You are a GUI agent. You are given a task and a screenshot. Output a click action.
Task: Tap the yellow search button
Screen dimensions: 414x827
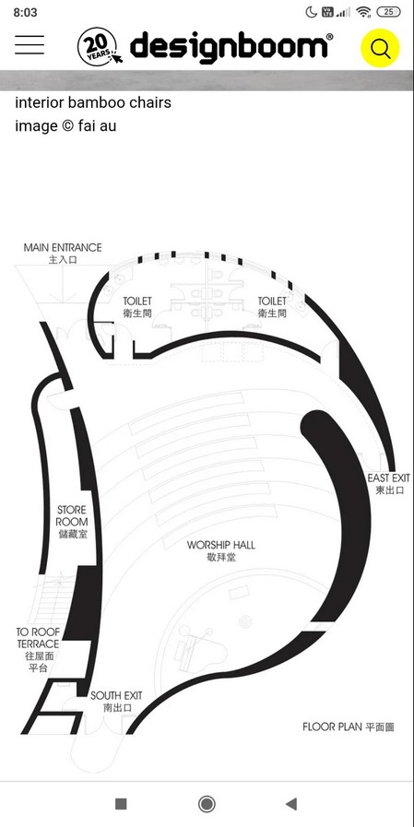point(380,48)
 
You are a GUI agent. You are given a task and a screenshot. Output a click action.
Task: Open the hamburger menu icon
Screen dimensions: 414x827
point(30,45)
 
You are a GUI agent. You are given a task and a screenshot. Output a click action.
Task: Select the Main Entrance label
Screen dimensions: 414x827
point(63,254)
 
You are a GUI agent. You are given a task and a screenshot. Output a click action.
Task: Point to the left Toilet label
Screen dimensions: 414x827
point(137,306)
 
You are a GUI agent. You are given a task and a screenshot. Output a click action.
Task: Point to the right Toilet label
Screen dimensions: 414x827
point(272,306)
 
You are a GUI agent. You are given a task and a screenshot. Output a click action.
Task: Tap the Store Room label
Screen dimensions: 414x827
point(73,522)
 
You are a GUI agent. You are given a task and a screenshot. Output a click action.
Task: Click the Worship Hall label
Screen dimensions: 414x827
point(221,550)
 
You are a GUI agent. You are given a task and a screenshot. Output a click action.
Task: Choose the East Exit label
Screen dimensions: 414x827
point(389,484)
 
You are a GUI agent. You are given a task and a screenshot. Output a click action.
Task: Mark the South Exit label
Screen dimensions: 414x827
point(116,702)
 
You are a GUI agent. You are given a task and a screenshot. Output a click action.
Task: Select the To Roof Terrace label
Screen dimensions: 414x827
point(39,650)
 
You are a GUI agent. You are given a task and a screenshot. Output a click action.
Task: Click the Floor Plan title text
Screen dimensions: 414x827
point(349,727)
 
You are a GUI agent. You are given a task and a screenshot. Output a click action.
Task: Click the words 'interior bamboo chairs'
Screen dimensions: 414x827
point(93,102)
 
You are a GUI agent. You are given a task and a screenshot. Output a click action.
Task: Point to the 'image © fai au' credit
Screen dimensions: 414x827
point(65,126)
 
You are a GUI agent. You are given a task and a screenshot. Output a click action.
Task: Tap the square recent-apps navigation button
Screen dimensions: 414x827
point(121,804)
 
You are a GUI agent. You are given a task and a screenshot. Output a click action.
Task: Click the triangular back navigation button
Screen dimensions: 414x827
point(290,804)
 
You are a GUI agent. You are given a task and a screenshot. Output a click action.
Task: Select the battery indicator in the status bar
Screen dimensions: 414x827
point(389,12)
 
